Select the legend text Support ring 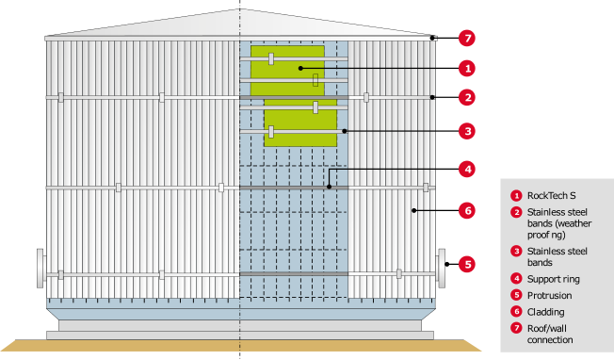554,279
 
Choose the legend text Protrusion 551,295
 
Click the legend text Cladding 548,311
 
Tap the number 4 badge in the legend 515,279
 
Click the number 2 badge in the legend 515,212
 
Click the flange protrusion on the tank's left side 40,270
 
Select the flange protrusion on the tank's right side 440,268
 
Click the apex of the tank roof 239,10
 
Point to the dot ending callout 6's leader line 412,210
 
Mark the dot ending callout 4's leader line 329,187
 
